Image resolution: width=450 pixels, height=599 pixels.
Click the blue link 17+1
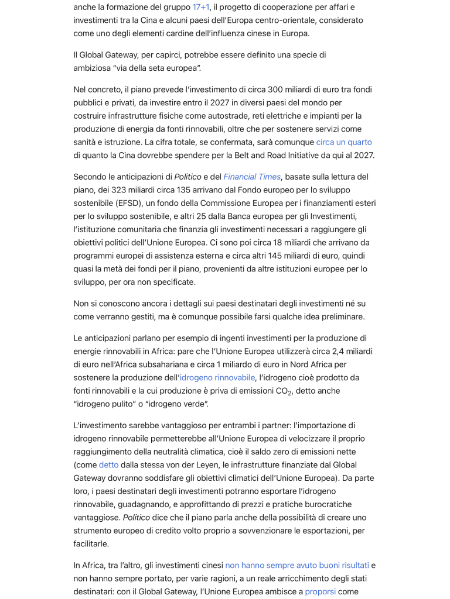201,7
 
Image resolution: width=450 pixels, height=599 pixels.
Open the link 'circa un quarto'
344,142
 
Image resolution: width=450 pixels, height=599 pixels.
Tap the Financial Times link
252,177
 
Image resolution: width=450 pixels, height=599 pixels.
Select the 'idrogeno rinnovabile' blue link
217,378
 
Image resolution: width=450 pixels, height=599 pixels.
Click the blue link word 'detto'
108,465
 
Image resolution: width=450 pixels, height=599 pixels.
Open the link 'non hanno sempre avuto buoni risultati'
297,566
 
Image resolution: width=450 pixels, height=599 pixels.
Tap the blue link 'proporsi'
321,592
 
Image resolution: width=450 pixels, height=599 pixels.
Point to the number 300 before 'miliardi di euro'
275,89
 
